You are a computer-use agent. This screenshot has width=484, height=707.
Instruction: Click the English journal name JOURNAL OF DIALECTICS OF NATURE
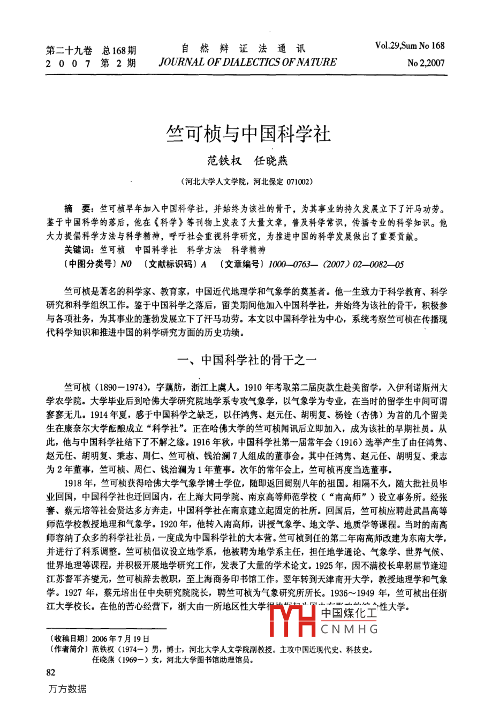[247, 62]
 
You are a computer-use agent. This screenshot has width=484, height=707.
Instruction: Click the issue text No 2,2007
[426, 63]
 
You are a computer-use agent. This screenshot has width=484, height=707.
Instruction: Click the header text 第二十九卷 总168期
[91, 50]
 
